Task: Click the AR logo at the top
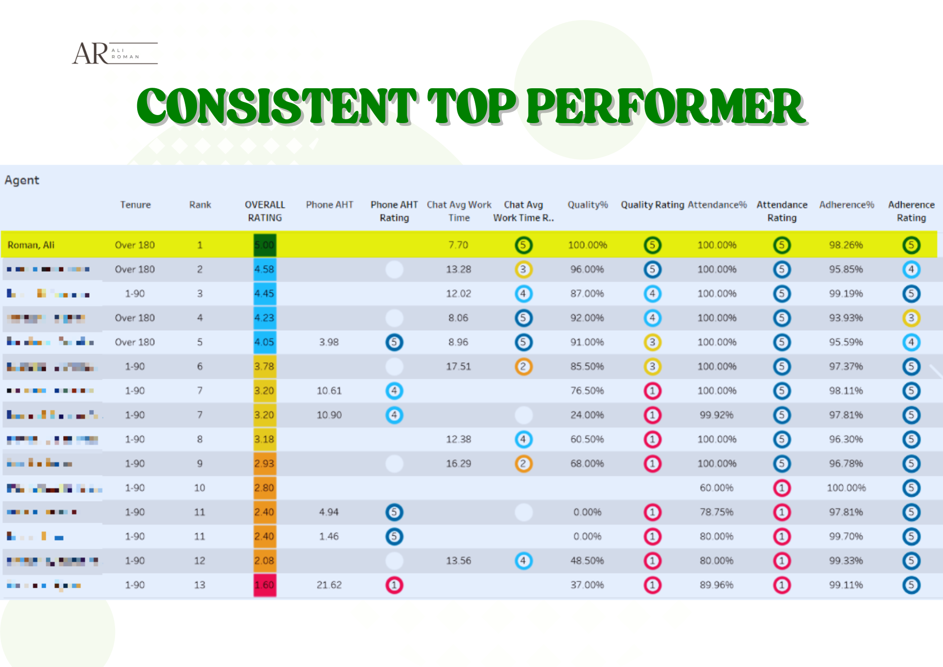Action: pos(114,53)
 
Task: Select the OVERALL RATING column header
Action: pos(265,211)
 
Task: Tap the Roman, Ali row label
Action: pos(31,245)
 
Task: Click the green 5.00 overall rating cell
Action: pos(265,245)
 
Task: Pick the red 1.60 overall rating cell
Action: pos(265,585)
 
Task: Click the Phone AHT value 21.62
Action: pos(329,585)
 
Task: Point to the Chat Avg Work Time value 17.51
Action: pos(458,367)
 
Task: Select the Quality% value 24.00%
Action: pos(587,415)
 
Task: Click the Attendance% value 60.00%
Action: pos(716,488)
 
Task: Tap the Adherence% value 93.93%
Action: pos(846,318)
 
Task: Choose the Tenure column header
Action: pos(135,205)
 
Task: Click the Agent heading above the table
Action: pos(22,180)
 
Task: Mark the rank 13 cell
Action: pos(200,585)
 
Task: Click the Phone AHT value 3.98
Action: pos(329,342)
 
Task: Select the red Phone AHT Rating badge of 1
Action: pos(394,585)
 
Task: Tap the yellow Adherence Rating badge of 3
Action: pos(911,318)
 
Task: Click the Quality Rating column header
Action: pos(652,205)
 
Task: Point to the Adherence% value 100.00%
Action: pos(846,488)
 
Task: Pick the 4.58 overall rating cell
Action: pos(265,269)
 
